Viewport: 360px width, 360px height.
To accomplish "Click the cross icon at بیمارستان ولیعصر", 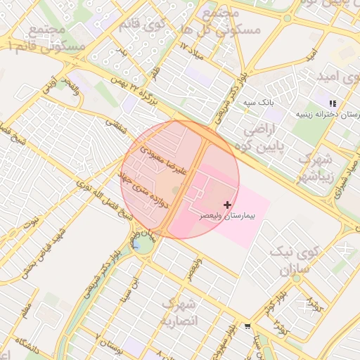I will [x=226, y=204].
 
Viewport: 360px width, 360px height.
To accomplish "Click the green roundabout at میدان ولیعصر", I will [x=143, y=243].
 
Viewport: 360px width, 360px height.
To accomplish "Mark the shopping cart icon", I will [x=247, y=326].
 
